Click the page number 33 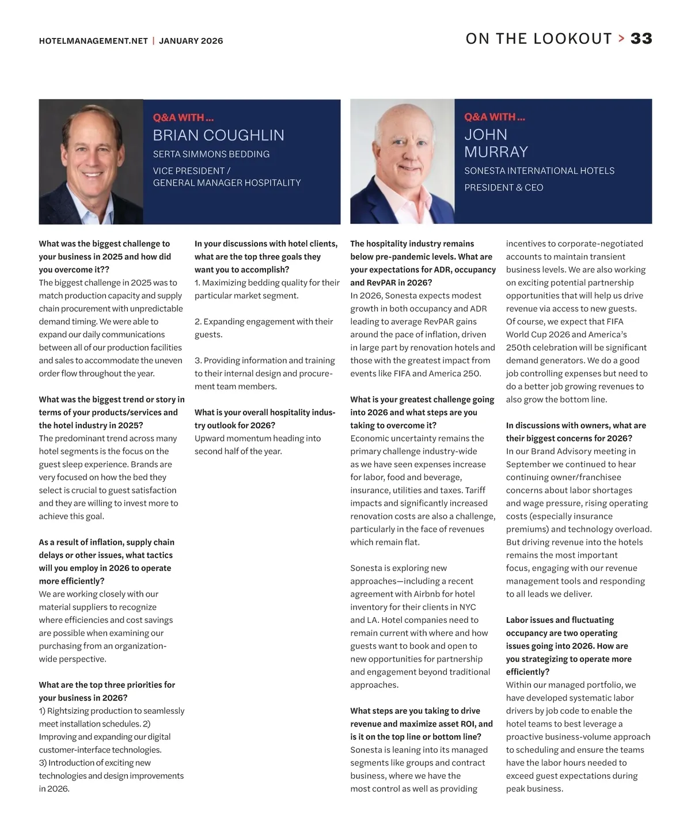coord(641,39)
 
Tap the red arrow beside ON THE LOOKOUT coord(621,39)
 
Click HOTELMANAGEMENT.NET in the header coord(93,41)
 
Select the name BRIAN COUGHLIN coord(218,135)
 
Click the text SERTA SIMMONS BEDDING coord(211,154)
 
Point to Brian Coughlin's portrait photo coord(91,162)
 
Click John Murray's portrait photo coord(402,162)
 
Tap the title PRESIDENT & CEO coord(503,188)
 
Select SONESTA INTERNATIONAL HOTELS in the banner coord(539,171)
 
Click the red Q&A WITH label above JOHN coord(494,117)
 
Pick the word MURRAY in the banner coord(496,152)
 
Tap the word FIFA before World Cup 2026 coord(614,322)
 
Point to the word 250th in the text coord(518,348)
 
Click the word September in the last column coord(525,465)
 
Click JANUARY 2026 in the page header coord(191,41)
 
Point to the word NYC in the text coord(467,607)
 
